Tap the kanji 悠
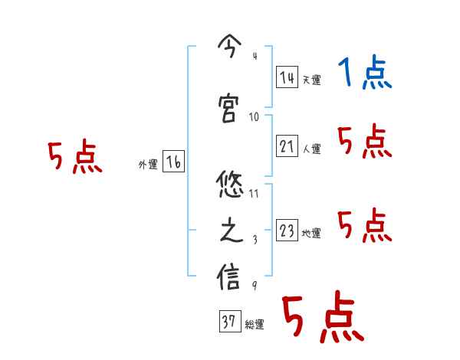230,185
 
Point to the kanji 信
230,277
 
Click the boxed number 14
287,77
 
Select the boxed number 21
287,146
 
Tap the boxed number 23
287,231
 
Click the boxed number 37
228,322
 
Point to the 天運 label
310,80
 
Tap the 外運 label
147,164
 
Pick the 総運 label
255,324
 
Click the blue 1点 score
364,74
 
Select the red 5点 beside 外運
74,158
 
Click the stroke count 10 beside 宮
255,116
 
